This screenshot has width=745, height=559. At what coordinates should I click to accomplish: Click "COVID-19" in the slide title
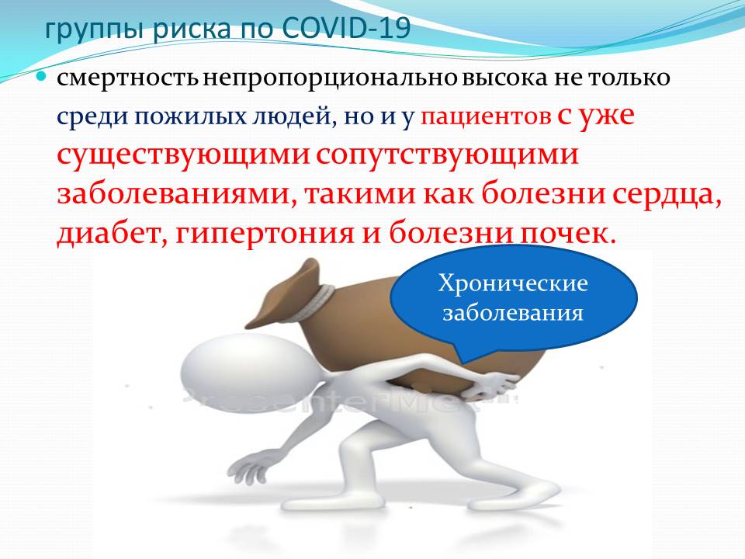(x=346, y=29)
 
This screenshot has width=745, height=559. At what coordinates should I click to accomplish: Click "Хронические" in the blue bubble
(x=513, y=284)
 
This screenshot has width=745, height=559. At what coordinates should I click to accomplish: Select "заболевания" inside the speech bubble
(x=513, y=314)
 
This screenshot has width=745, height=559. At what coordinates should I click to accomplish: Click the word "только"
(x=630, y=78)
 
